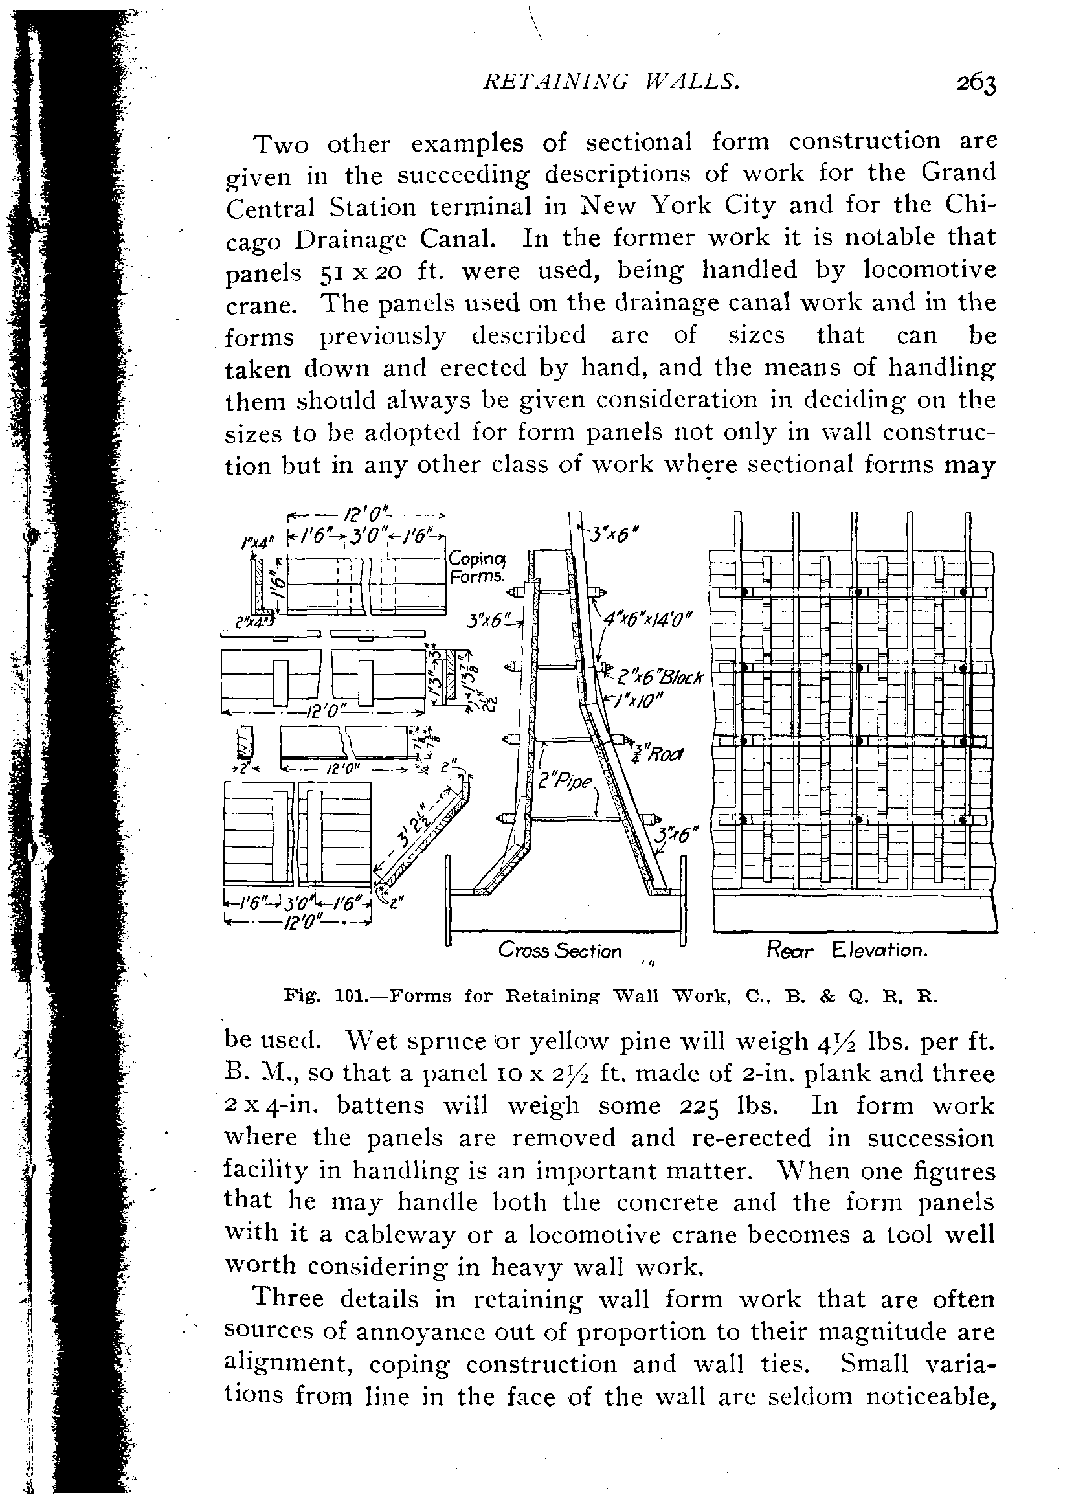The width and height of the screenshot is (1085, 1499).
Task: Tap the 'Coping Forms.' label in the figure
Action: (477, 568)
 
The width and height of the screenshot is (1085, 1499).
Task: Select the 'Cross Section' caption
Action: (561, 951)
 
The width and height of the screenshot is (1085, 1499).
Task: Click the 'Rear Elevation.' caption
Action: (847, 951)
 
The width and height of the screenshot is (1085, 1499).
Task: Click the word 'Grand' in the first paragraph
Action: (958, 173)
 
